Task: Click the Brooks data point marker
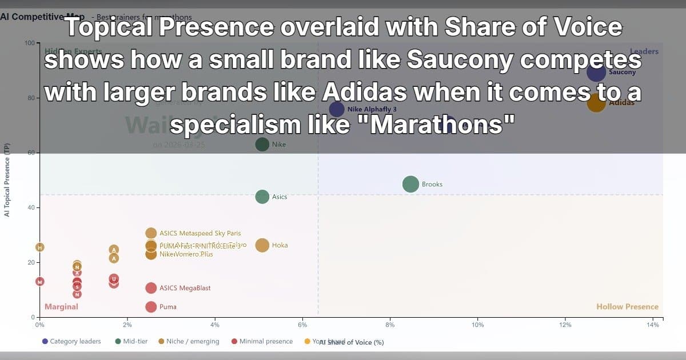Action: pyautogui.click(x=410, y=184)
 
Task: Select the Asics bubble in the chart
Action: pyautogui.click(x=262, y=197)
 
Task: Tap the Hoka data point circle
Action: pyautogui.click(x=262, y=245)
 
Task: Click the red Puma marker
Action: pyautogui.click(x=151, y=307)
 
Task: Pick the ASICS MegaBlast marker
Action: pyautogui.click(x=151, y=288)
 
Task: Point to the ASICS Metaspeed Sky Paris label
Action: pyautogui.click(x=200, y=233)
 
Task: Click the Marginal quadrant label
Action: pyautogui.click(x=61, y=307)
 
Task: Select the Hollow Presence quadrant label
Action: pyautogui.click(x=627, y=307)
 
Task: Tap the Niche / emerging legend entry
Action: pyautogui.click(x=189, y=341)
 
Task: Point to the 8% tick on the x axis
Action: pyautogui.click(x=390, y=325)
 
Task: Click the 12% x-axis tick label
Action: pyautogui.click(x=565, y=325)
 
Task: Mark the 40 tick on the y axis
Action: pyautogui.click(x=31, y=207)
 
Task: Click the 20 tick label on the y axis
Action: pyautogui.click(x=31, y=262)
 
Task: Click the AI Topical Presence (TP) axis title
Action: pyautogui.click(x=7, y=180)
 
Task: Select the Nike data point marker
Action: pyautogui.click(x=262, y=145)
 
